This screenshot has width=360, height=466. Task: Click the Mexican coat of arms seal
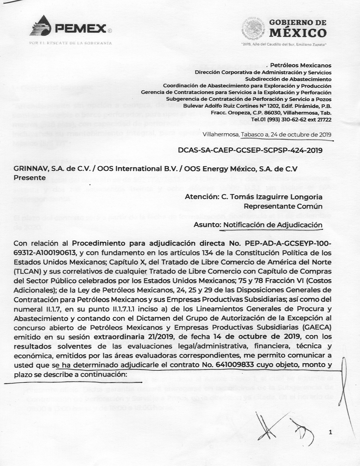tap(253, 27)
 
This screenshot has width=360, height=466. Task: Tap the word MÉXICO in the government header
tap(297, 33)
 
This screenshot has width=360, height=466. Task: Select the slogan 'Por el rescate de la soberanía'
tap(71, 43)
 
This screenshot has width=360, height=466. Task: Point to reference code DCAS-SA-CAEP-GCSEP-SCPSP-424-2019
tap(250, 150)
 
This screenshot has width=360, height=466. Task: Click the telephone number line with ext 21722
tap(291, 119)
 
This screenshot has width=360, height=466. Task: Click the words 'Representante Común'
tap(283, 206)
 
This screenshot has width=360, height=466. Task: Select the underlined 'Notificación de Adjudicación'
tap(272, 225)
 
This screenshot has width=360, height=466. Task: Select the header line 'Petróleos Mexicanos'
tap(301, 65)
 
